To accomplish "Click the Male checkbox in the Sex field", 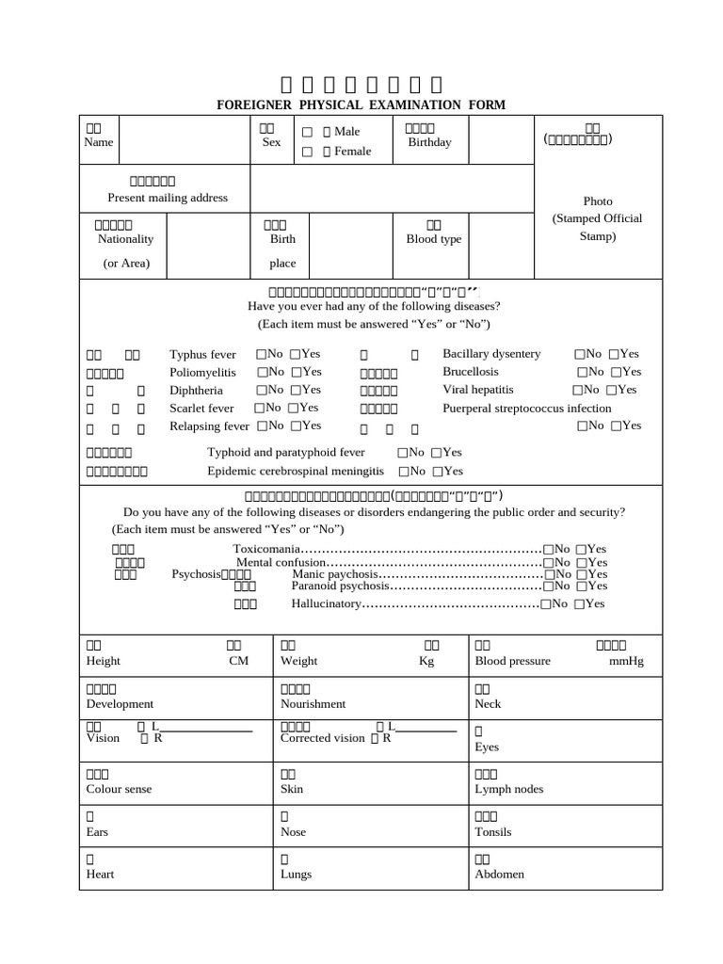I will click(x=307, y=133).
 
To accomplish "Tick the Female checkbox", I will click(x=307, y=152).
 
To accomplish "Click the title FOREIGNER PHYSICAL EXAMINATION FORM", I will click(x=361, y=104).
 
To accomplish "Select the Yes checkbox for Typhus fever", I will click(x=296, y=354).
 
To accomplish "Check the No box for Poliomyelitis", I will click(x=260, y=372).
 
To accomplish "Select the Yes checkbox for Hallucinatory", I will click(x=579, y=604).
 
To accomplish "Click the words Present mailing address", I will click(x=168, y=198).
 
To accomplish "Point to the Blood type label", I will click(x=433, y=239).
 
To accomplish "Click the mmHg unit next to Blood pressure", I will click(x=626, y=662).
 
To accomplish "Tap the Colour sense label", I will click(x=119, y=789).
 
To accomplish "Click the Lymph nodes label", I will click(x=508, y=789).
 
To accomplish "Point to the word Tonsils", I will click(x=493, y=832).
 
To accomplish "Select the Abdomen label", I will click(x=499, y=875).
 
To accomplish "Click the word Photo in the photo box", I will click(x=597, y=201).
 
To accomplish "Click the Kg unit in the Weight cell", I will click(x=426, y=662).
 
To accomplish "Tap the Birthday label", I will click(x=429, y=142).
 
